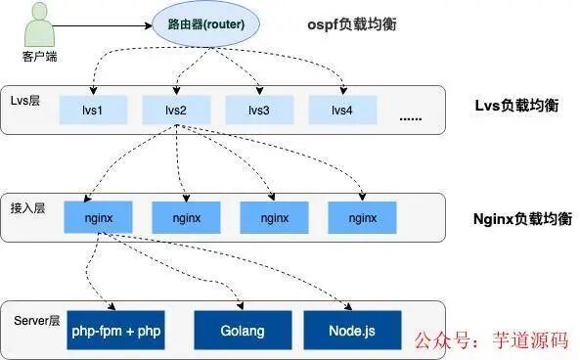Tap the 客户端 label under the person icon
38,55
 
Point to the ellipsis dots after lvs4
412,117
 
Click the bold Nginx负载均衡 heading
514,212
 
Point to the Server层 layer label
37,319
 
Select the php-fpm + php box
115,331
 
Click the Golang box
243,331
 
